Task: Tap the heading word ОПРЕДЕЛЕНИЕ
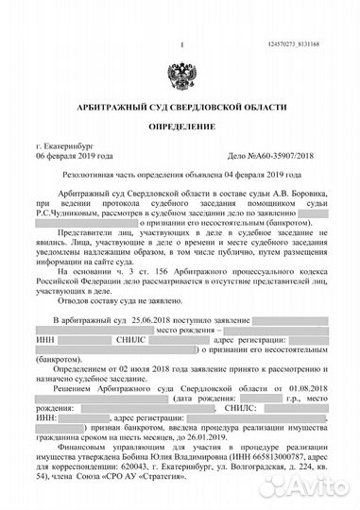click(x=180, y=126)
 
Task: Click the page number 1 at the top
click(x=180, y=44)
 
